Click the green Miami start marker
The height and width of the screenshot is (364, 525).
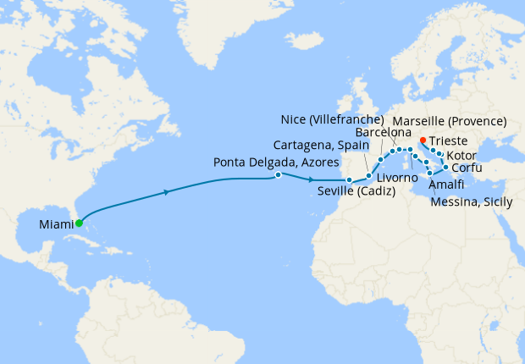(78, 223)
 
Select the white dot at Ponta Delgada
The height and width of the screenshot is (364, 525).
(278, 175)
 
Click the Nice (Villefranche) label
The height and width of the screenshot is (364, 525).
(331, 119)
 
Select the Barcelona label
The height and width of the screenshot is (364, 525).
(384, 133)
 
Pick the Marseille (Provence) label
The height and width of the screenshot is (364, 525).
(450, 120)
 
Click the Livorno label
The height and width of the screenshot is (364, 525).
(397, 179)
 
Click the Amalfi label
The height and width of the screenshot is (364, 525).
(446, 185)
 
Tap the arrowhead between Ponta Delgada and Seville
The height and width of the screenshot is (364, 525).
(311, 179)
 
